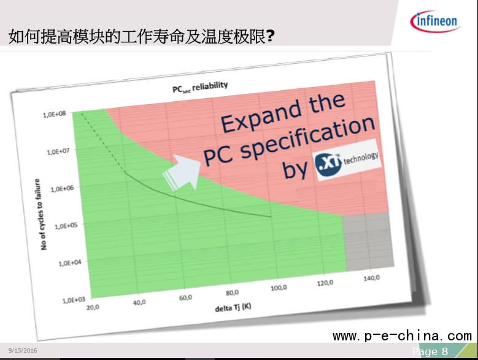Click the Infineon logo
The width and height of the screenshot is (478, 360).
coord(435,21)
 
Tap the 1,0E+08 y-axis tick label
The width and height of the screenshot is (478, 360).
coord(54,114)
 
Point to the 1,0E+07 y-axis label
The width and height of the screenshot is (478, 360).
coord(58,151)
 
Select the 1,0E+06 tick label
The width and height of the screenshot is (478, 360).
coord(62,189)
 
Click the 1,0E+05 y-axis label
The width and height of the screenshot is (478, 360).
coord(66,226)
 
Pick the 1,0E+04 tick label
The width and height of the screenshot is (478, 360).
coord(70,263)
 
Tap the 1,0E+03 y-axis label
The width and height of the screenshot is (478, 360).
coord(74,301)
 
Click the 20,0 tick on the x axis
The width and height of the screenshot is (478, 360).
coord(93,308)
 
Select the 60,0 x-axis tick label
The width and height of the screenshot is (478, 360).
coord(185,297)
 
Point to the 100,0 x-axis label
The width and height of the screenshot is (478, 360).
coord(279,288)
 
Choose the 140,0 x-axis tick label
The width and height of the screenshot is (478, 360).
coord(372,278)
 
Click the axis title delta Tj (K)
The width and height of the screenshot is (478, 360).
coord(233,308)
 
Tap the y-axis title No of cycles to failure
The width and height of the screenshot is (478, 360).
coord(40,215)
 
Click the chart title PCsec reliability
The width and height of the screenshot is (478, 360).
coord(200,87)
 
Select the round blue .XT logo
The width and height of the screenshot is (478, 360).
coord(328,164)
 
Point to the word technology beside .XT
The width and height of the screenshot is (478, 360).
coord(361,158)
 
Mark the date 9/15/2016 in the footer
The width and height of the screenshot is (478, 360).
coord(23,351)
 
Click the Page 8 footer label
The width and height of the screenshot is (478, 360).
coord(430,351)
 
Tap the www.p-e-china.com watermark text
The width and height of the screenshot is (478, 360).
coord(403,336)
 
